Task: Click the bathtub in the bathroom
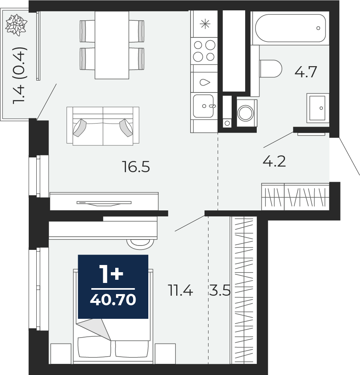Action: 290,28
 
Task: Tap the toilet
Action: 271,69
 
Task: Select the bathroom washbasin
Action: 318,108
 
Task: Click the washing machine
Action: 247,113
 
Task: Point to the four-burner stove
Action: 204,51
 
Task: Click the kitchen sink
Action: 204,106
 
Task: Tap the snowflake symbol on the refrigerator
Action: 205,24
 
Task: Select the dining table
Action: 112,45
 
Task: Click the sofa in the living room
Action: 103,126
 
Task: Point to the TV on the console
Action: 104,203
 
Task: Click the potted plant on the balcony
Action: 16,25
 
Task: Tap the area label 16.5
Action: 136,167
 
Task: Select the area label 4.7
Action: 306,72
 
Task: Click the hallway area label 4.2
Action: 274,161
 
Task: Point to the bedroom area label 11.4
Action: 180,291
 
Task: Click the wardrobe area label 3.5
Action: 220,291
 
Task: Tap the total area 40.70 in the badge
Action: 113,300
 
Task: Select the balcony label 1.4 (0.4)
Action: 19,76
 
